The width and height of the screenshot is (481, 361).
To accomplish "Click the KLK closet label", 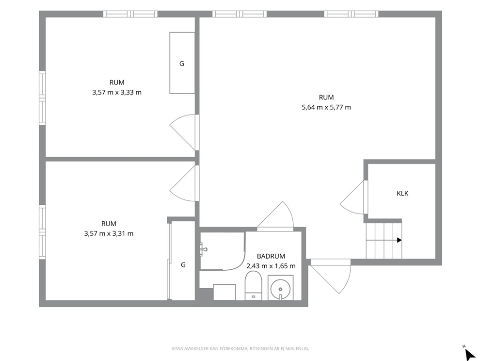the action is point(402,194).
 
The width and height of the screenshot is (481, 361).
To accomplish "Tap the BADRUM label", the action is point(271,256).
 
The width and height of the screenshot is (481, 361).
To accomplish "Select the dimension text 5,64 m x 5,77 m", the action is point(326,107).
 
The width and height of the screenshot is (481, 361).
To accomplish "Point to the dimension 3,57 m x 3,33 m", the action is point(117,92).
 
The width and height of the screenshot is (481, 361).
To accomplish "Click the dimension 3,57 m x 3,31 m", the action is point(109,233).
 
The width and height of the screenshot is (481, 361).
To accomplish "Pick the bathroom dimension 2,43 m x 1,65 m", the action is point(271,266).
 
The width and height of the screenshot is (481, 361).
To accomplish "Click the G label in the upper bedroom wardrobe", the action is point(182,64).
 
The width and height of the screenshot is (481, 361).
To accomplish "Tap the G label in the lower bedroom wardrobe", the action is point(183,264).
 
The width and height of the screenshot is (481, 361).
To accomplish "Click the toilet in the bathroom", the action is point(254,285).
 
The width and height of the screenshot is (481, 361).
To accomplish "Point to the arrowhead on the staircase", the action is point(400,240).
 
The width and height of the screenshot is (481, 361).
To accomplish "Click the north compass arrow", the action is point(470,354).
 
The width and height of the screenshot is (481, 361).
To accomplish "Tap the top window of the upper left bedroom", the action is point(130,14).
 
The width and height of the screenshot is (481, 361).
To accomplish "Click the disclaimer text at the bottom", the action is point(240,348).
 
